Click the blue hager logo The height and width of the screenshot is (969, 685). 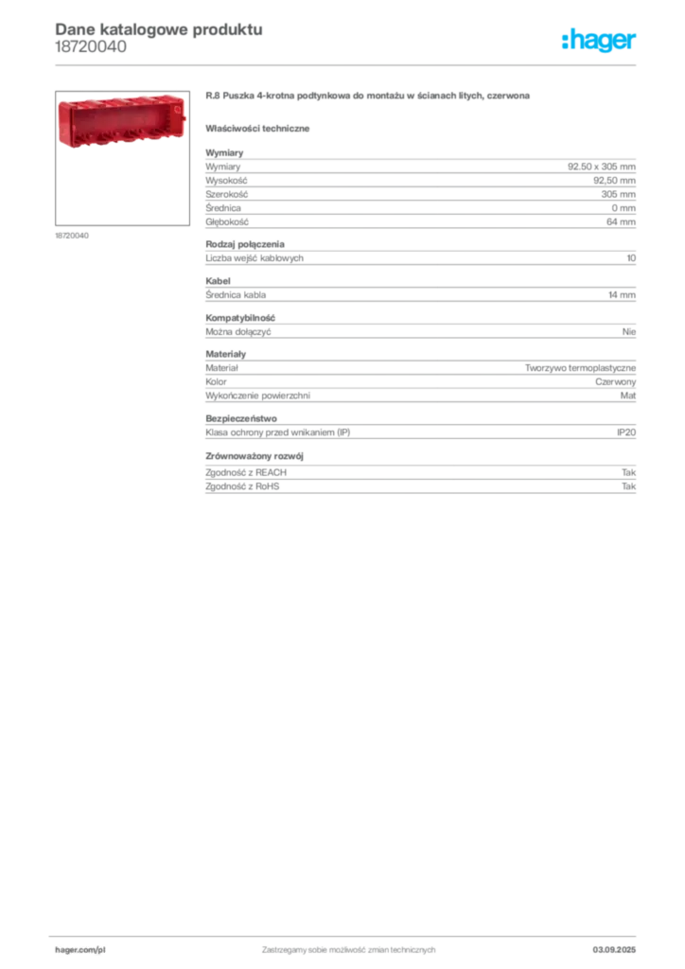coord(601,41)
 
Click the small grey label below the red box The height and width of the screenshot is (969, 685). coord(72,236)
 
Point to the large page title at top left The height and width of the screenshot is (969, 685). coord(157,27)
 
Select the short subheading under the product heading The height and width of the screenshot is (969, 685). coord(261,127)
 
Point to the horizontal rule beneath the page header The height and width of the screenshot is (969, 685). coord(378,63)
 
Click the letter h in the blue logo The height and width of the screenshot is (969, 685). coord(570,41)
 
